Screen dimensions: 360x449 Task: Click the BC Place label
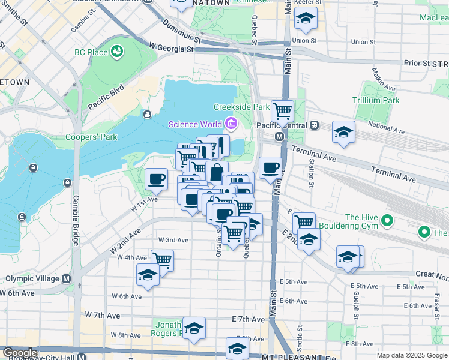click(91, 52)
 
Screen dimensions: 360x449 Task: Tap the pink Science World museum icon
click(231, 124)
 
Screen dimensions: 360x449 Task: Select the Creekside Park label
click(242, 107)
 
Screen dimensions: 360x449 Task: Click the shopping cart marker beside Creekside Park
click(282, 111)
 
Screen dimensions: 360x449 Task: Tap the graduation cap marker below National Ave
click(343, 133)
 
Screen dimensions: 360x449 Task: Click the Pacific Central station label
click(282, 125)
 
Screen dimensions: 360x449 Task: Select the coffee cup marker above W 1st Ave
click(157, 178)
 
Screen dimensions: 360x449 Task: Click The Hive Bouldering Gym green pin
click(387, 221)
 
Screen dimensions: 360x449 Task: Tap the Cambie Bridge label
click(76, 220)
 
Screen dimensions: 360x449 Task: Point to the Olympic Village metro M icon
click(67, 278)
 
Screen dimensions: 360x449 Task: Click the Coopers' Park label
click(91, 137)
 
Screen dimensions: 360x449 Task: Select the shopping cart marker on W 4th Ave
click(162, 260)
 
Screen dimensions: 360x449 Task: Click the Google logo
click(20, 353)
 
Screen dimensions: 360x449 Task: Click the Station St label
click(312, 170)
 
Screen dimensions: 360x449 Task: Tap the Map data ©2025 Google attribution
click(411, 355)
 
